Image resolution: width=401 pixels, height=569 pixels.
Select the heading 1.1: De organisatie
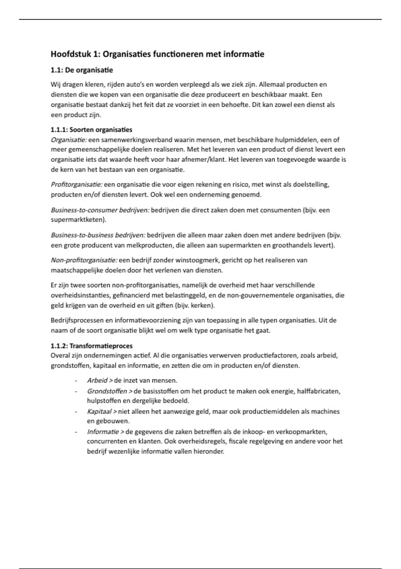tap(82, 70)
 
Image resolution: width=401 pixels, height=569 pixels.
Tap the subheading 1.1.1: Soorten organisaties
tap(92, 130)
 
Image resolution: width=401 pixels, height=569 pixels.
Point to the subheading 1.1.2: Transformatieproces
tap(92, 346)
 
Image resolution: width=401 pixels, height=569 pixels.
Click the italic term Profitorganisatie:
tap(76, 184)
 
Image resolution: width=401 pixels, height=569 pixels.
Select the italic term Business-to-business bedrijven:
tap(98, 235)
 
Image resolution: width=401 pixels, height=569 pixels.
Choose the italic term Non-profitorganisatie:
tap(84, 260)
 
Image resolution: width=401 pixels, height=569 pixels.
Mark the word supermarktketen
tap(77, 220)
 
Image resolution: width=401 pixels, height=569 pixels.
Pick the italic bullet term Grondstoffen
tap(107, 391)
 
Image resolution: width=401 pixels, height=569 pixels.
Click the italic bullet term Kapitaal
tap(99, 411)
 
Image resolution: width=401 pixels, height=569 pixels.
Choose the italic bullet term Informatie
tap(103, 432)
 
